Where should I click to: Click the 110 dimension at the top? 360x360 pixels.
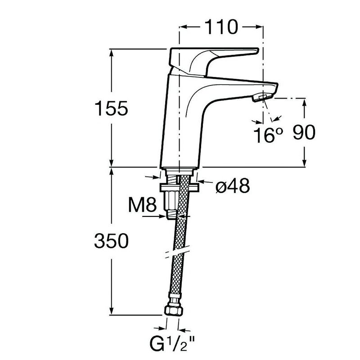tap(221, 27)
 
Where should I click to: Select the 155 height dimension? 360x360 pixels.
tap(111, 108)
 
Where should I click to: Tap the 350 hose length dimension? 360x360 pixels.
tap(111, 241)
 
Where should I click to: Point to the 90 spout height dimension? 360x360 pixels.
tap(304, 132)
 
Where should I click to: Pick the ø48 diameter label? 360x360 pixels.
tap(233, 185)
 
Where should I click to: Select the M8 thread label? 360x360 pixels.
tap(142, 205)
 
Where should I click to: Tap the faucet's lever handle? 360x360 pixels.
tap(213, 62)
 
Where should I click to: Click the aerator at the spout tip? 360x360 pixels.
tap(262, 98)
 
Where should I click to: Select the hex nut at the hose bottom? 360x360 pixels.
tap(174, 310)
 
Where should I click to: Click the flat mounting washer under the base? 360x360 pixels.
tap(180, 187)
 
